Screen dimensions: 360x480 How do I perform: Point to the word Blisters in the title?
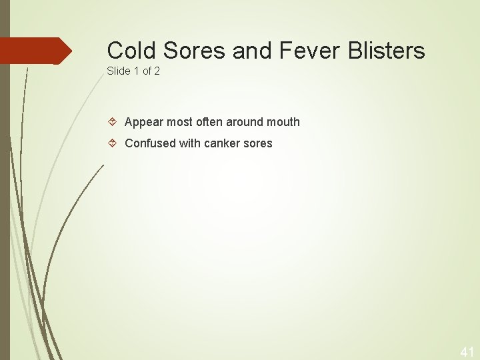click(387, 50)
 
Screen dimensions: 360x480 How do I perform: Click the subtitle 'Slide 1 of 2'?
click(133, 71)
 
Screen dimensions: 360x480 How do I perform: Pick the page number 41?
click(467, 352)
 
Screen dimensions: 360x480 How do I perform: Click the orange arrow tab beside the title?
click(37, 51)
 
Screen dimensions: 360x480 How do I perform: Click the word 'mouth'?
click(283, 122)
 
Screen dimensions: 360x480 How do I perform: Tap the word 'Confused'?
click(150, 143)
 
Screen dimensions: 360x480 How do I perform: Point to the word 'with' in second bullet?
click(189, 143)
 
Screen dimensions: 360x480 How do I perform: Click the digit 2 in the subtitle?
click(157, 71)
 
